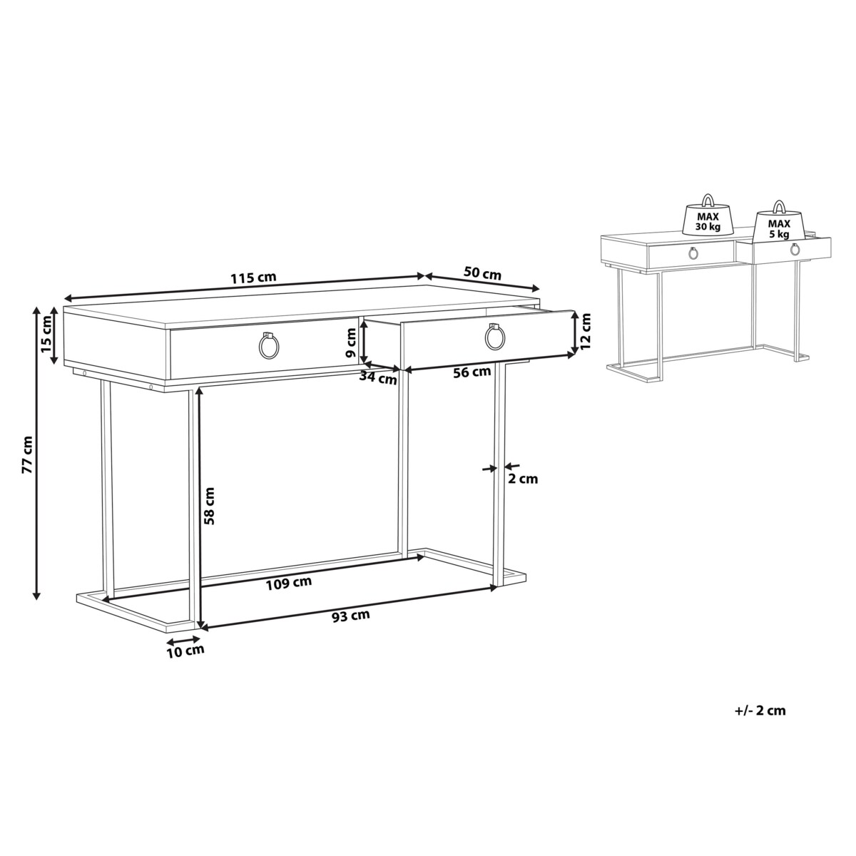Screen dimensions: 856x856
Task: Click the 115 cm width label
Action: pos(253,277)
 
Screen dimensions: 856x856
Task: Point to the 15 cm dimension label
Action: pos(46,335)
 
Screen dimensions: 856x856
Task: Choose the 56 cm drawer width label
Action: pos(472,372)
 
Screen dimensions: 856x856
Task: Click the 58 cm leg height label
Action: pos(209,506)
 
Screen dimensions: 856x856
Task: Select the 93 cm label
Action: pos(351,616)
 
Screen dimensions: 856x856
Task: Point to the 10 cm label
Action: pos(185,651)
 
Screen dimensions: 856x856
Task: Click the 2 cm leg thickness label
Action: pos(523,479)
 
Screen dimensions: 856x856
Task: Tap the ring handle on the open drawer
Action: pos(494,338)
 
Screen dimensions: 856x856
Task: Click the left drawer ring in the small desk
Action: pos(693,254)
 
